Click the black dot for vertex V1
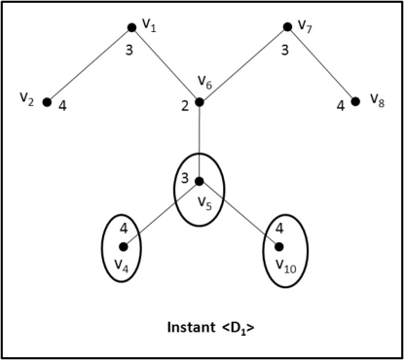132,27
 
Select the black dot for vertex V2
46,101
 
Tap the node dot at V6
199,102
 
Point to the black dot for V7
287,27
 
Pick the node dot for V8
355,101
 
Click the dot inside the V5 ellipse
199,181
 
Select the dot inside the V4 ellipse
123,246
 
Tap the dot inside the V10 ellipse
278,246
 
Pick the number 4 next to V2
61,105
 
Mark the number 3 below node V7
284,49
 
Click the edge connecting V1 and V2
90,64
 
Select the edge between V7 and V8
321,64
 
